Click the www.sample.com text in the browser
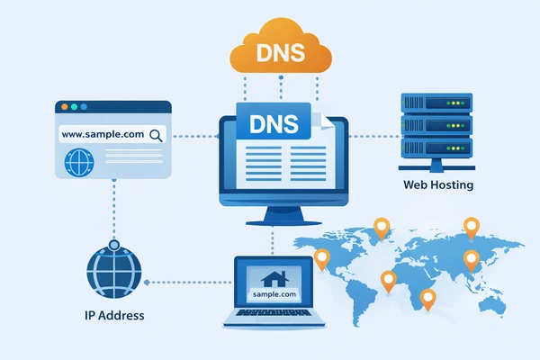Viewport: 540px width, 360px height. coord(102,135)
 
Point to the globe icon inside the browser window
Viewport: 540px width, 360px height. coord(79,163)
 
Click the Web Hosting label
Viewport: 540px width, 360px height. coord(438,185)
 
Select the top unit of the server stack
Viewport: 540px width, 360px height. coord(437,104)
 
